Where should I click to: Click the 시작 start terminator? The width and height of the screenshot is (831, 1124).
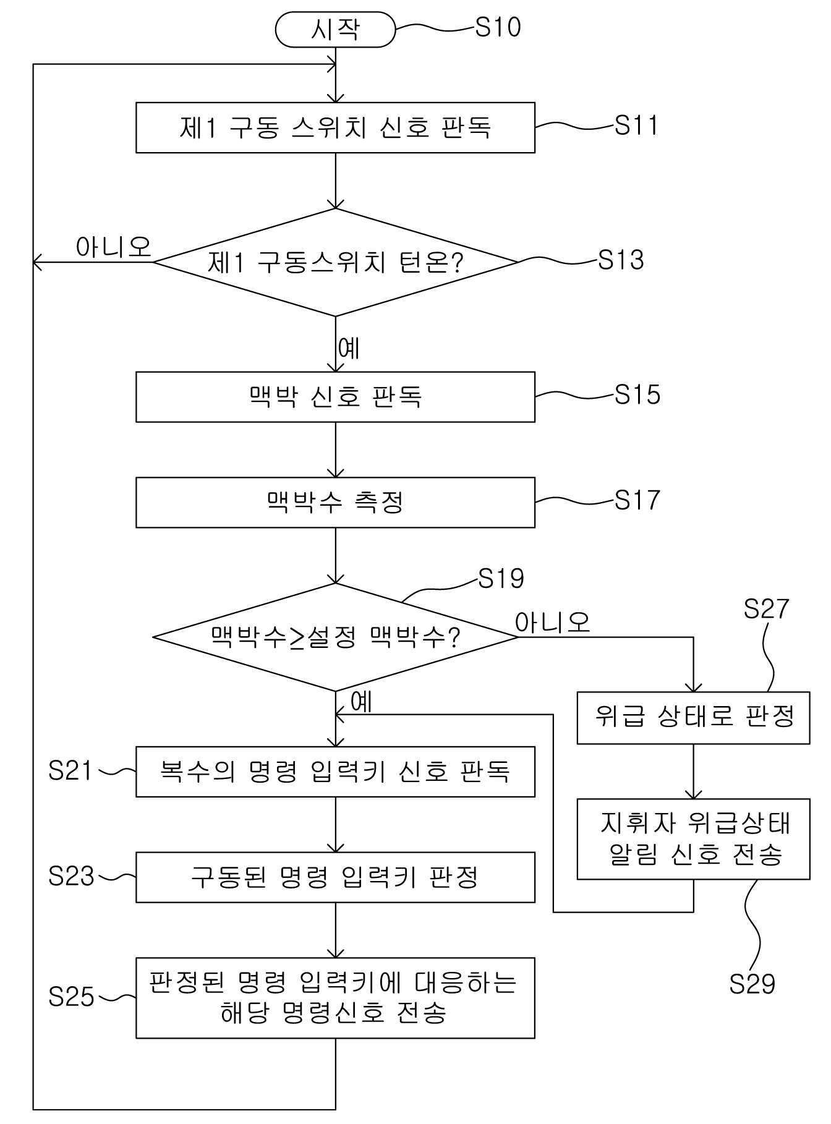(x=335, y=30)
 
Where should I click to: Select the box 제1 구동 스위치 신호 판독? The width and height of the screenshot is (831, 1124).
(x=335, y=127)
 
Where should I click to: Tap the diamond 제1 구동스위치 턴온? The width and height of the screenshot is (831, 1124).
(x=335, y=263)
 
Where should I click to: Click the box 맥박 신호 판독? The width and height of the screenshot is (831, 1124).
(x=335, y=397)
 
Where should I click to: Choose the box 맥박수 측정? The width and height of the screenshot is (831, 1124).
(x=335, y=502)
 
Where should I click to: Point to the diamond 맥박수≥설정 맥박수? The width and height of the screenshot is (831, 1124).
(x=335, y=637)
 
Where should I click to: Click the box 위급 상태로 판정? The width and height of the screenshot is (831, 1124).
(x=693, y=718)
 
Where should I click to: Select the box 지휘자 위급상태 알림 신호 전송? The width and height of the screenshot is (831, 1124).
(x=693, y=839)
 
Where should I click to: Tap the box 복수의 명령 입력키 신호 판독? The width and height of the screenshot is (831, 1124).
(x=335, y=772)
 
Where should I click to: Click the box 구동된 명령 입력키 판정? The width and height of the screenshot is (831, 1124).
(x=335, y=877)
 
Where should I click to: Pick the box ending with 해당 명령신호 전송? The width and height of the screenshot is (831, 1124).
(x=335, y=998)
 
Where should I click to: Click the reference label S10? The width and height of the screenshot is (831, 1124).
(x=498, y=27)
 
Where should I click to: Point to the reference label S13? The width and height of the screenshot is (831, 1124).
(x=621, y=260)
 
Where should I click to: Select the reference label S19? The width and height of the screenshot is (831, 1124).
(x=501, y=579)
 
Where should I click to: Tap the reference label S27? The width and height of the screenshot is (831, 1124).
(x=766, y=609)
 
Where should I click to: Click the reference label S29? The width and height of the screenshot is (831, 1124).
(x=752, y=984)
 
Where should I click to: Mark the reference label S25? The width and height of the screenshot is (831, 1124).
(x=71, y=997)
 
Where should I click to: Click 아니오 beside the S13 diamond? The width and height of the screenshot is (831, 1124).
(x=114, y=247)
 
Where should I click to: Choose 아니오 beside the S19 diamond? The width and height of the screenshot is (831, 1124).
(x=553, y=622)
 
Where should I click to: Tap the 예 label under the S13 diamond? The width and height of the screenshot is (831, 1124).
(x=349, y=348)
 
